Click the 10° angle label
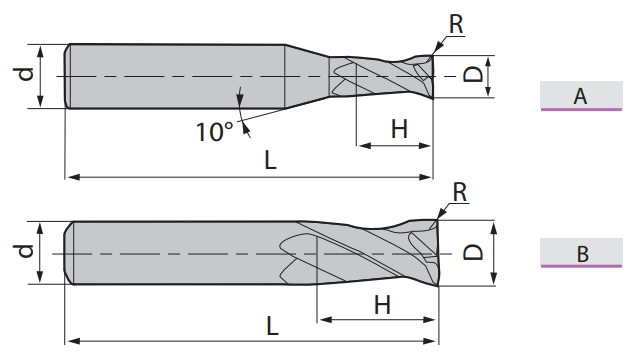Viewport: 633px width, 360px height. [214, 132]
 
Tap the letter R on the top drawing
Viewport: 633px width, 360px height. [456, 24]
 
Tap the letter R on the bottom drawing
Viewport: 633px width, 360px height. [460, 192]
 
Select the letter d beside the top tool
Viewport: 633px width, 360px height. [24, 75]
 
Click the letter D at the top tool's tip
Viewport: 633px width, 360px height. [472, 75]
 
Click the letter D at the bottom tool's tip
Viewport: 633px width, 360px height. [473, 252]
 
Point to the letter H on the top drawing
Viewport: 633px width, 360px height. [399, 129]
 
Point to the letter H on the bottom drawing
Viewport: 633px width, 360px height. [382, 305]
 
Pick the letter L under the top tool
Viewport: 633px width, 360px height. [270, 160]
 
